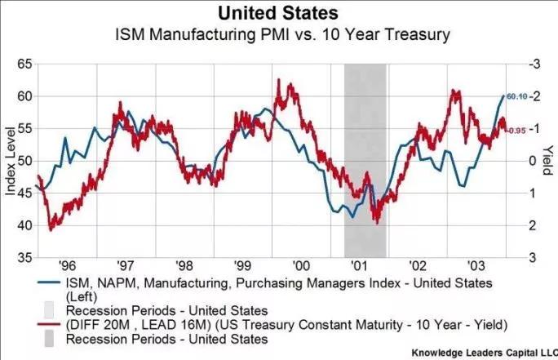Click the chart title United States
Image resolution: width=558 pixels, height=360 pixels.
click(279, 14)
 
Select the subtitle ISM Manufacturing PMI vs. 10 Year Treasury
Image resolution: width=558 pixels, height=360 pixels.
click(279, 36)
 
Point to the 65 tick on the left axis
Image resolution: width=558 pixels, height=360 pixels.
click(23, 63)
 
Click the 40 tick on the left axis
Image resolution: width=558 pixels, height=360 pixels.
click(23, 224)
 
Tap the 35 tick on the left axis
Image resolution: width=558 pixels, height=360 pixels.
click(23, 257)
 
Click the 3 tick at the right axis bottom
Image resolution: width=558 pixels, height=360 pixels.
click(534, 257)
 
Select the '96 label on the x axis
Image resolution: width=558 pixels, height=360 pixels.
click(67, 266)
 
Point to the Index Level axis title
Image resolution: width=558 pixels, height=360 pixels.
click(10, 160)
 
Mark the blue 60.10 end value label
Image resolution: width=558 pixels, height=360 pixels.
click(516, 97)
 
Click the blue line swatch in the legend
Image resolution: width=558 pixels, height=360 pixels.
click(24, 282)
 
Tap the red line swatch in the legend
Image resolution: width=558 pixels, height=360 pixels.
click(24, 322)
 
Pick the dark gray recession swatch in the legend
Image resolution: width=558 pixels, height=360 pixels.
click(24, 337)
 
